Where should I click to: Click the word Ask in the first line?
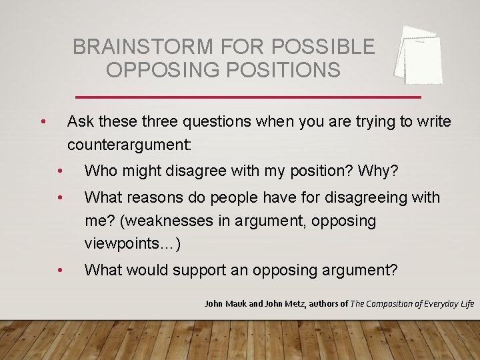point(80,121)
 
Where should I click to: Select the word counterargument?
point(127,144)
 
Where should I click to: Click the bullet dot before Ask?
point(43,121)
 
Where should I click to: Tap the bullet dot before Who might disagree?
point(60,171)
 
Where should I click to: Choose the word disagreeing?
point(371,197)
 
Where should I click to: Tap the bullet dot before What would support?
point(60,270)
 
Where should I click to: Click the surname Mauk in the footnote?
point(235,304)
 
